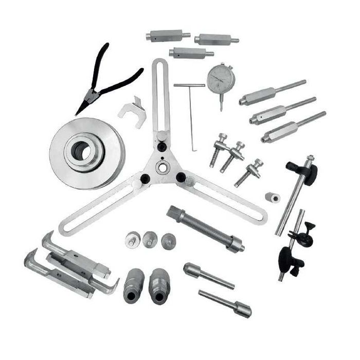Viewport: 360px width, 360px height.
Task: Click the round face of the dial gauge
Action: point(221,78)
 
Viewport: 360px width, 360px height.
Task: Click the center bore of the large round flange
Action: point(80,150)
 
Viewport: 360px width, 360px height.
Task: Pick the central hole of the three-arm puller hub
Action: point(163,168)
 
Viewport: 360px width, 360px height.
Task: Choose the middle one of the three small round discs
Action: point(150,238)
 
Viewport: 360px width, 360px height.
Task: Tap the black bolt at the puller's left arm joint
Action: point(145,178)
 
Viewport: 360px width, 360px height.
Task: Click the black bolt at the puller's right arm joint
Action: point(181,177)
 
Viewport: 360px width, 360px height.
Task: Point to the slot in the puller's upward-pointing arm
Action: point(160,98)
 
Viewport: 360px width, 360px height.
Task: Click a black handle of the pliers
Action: point(125,80)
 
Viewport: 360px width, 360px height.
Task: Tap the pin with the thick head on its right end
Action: point(225,303)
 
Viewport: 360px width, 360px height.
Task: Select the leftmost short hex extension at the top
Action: point(165,35)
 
